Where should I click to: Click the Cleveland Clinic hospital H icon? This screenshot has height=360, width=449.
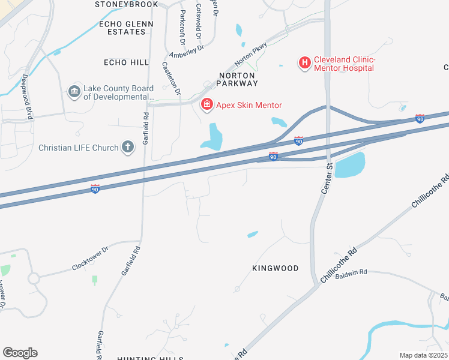point(304,62)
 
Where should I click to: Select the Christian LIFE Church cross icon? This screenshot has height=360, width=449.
point(127,146)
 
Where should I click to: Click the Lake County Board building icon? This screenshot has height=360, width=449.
point(74,91)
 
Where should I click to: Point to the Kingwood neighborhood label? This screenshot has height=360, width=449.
point(275,268)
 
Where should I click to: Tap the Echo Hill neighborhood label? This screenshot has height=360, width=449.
point(126,62)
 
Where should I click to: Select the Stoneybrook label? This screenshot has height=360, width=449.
point(126,4)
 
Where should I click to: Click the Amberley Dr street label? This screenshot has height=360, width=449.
point(187,52)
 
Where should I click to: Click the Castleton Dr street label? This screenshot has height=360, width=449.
point(171,79)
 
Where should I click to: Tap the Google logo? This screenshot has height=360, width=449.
point(20,353)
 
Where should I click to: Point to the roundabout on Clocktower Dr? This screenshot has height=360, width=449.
point(33,278)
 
